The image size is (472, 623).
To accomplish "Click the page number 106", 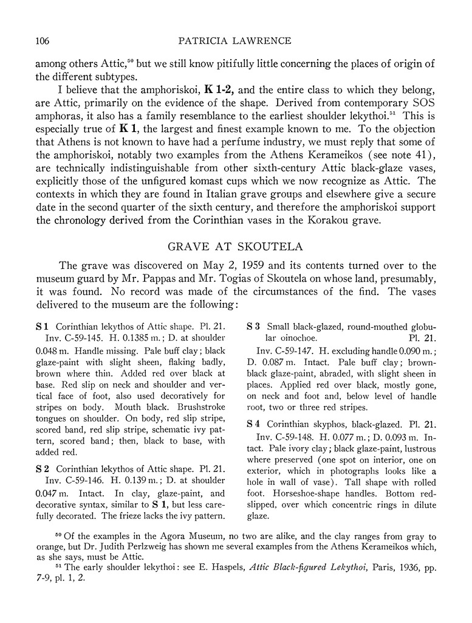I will (x=38, y=41).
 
